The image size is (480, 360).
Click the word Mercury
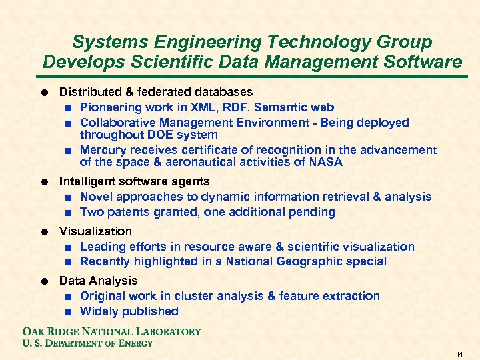103,150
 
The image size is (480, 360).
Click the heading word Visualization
96,231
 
